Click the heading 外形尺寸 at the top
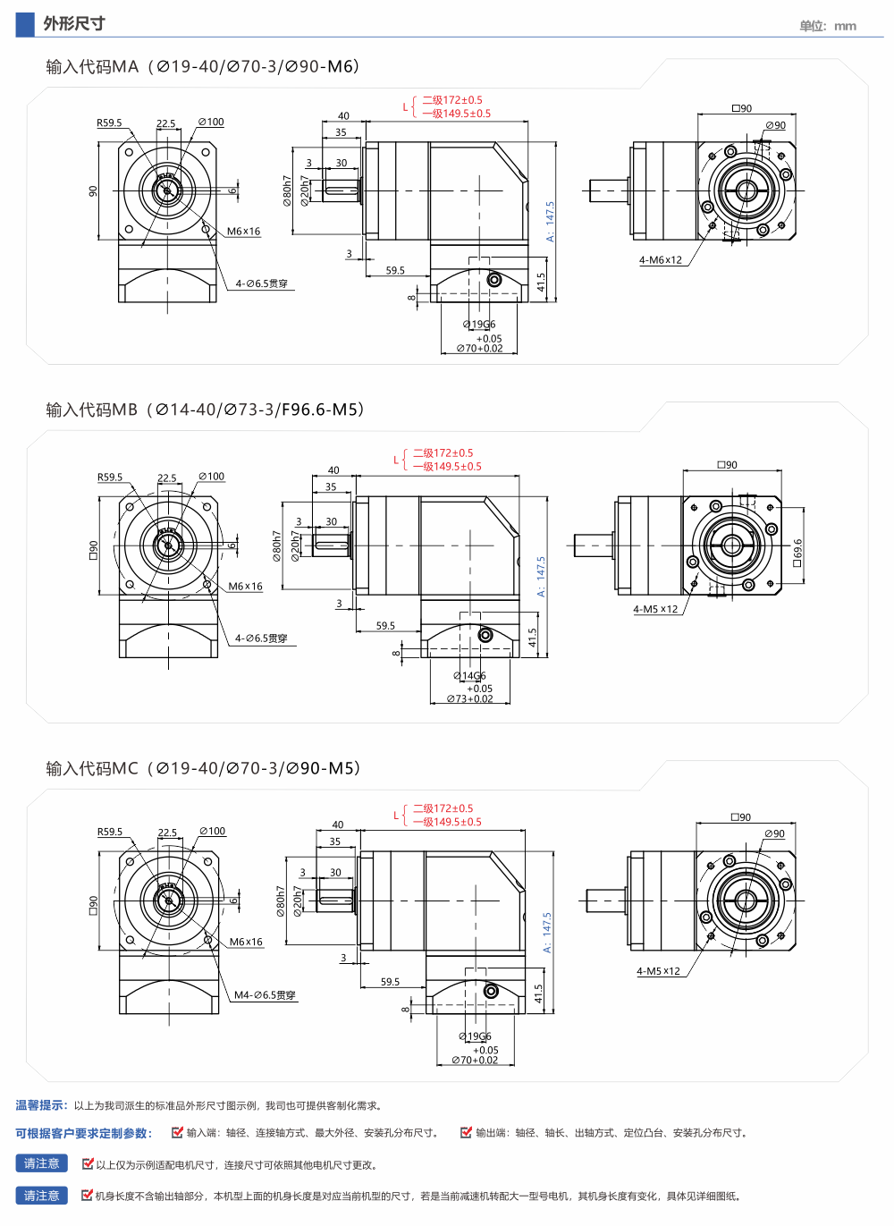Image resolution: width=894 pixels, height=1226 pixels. click(74, 23)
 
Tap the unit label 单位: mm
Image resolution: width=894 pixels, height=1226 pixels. click(828, 26)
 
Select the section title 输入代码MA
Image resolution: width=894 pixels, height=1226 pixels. click(92, 67)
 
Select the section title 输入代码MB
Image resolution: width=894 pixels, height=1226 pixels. click(91, 410)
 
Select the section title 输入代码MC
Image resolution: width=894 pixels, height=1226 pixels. click(92, 768)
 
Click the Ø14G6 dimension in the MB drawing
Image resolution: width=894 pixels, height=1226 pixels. click(469, 676)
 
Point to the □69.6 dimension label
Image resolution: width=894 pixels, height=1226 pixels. click(797, 553)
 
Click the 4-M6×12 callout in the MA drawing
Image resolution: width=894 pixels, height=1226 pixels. click(661, 260)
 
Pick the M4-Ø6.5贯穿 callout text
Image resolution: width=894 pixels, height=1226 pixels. click(265, 995)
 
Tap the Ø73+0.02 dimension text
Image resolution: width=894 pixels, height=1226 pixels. click(469, 699)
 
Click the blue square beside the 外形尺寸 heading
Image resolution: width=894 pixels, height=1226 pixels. click(25, 25)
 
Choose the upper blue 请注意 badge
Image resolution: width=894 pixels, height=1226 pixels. click(42, 1163)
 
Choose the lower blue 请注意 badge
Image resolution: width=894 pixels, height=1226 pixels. click(42, 1196)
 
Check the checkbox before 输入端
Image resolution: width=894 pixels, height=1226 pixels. click(177, 1132)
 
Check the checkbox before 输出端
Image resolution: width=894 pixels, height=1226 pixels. click(466, 1132)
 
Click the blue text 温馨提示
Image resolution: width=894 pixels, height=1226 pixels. click(41, 1105)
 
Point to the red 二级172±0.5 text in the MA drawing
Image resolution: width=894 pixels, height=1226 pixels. click(452, 100)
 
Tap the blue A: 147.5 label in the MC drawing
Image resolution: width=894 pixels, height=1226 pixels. click(547, 933)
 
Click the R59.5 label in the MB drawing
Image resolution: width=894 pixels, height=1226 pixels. click(110, 478)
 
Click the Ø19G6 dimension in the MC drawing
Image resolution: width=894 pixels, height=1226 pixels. click(475, 1036)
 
